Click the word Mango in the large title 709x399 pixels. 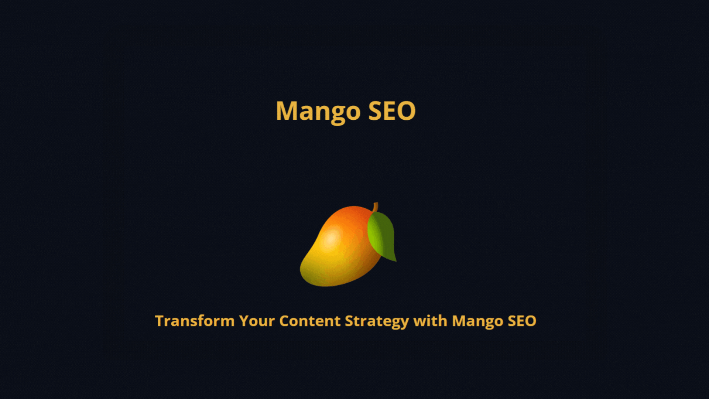click(318, 111)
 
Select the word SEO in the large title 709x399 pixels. click(392, 111)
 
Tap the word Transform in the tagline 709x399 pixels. click(195, 321)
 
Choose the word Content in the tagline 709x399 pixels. click(310, 321)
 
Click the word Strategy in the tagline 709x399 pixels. click(377, 321)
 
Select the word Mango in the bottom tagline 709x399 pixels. click(477, 321)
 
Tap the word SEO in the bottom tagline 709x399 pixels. click(522, 321)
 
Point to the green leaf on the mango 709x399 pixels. click(382, 235)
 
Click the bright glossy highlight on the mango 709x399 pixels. click(330, 238)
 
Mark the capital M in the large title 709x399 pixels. click(287, 111)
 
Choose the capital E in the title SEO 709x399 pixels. click(390, 111)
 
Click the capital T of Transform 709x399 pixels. click(160, 321)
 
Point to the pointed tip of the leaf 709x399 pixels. click(396, 261)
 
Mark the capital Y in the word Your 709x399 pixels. click(244, 321)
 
